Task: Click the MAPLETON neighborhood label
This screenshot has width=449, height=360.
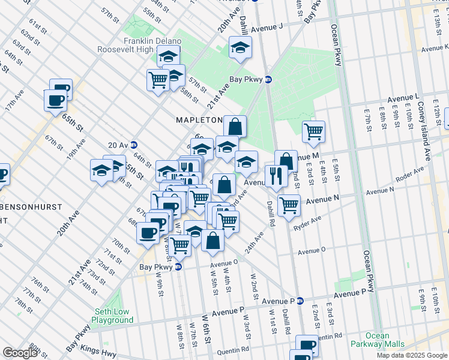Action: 199,120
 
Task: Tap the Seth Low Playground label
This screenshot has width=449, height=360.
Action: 113,316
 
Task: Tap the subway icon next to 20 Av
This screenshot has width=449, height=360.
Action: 134,145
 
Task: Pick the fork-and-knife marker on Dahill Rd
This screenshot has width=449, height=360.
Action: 276,175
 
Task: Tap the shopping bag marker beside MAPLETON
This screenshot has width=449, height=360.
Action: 235,126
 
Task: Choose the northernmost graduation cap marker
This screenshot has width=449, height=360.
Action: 240,47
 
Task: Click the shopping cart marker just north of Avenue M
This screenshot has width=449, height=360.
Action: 313,130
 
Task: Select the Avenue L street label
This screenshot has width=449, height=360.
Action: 403,97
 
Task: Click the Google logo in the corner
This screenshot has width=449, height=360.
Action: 20,353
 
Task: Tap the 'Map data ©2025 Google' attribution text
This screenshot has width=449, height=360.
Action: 412,355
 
